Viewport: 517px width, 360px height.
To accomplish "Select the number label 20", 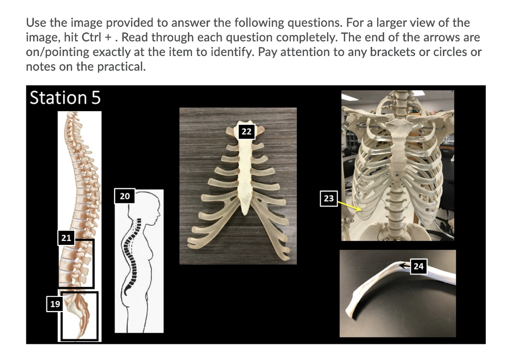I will tap(125, 196).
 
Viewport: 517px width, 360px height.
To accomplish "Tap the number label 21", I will tap(66, 237).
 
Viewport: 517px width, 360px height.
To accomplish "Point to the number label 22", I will tap(246, 131).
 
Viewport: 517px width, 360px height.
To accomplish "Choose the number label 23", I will tap(329, 198).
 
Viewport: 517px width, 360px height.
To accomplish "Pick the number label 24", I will tap(419, 266).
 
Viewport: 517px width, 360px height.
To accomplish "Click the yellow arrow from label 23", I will tap(349, 205).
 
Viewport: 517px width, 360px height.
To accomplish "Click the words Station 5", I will tap(65, 97).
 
